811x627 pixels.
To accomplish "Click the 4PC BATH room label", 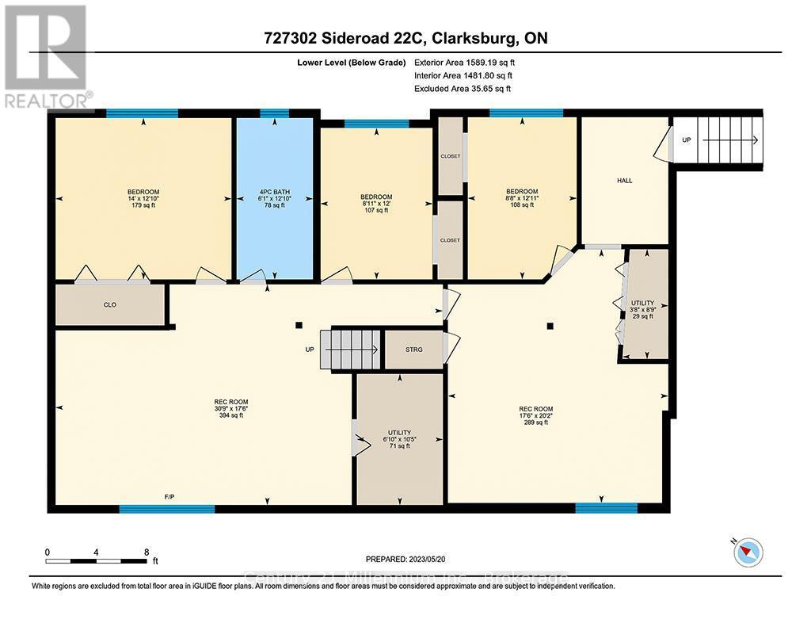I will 274,192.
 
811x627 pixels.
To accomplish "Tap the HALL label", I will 625,181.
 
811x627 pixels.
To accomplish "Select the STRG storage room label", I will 413,349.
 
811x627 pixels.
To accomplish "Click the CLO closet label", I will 110,304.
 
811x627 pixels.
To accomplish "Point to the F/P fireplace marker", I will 169,496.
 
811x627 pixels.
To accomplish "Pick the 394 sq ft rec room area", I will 231,415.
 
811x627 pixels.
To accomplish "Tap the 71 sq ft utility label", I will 399,446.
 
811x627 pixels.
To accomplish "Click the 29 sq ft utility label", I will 642,316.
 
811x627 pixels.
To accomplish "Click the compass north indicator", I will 747,552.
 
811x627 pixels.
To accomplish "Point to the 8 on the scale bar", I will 146,552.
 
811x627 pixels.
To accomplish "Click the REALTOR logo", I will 48,55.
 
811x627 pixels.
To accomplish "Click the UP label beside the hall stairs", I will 686,140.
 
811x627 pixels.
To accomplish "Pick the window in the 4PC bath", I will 274,113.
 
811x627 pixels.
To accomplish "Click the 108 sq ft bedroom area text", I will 522,205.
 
